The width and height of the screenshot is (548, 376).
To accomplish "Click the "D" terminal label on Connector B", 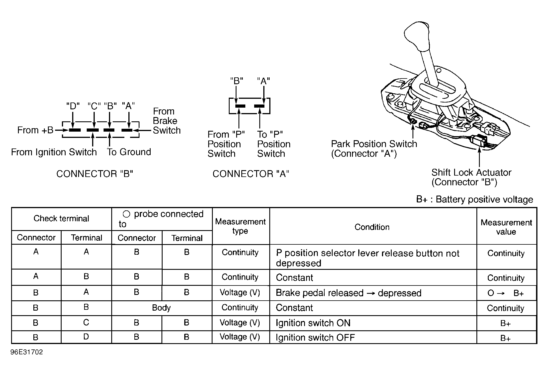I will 73,106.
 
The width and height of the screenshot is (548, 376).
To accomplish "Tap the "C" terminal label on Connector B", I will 94,106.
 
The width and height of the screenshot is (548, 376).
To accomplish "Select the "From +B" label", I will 35,130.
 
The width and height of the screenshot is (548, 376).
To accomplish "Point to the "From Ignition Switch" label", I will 54,152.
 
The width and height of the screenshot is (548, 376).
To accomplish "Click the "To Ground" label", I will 129,152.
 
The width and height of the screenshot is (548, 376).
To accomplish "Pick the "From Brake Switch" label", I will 167,121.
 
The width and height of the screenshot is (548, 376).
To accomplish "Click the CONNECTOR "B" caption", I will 95,174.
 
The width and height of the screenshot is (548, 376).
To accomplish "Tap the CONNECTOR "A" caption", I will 251,174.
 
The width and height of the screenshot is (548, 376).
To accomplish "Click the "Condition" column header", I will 372,227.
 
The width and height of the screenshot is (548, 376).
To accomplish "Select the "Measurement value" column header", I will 506,227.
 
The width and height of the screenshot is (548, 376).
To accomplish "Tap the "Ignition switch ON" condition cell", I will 313,323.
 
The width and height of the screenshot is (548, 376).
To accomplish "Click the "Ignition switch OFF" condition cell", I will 315,337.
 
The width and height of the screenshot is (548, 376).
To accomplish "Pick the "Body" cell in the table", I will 161,308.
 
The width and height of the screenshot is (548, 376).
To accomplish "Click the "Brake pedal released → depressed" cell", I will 348,293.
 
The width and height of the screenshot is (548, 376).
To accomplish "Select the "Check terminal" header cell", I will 61,219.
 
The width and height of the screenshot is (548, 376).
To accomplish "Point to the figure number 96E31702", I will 27,352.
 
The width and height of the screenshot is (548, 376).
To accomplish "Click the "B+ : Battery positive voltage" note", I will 474,199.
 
